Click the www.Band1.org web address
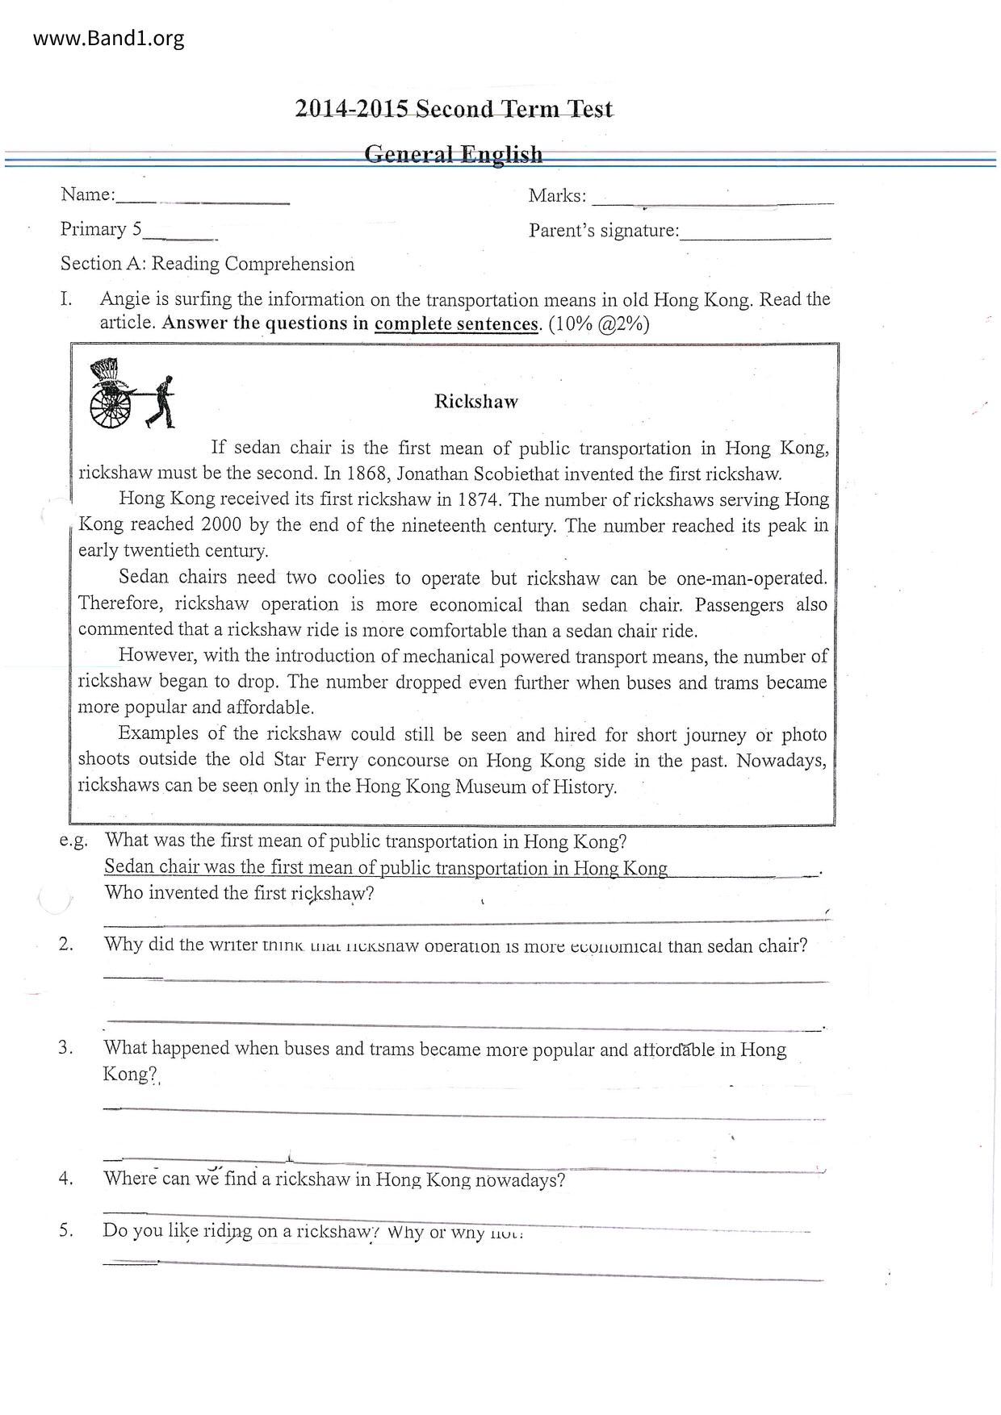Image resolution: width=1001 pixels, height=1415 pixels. [109, 38]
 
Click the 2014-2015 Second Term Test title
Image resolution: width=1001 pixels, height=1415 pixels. [454, 109]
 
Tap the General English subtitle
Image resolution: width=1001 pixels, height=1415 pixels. [454, 153]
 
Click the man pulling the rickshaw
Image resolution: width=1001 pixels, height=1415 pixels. [164, 402]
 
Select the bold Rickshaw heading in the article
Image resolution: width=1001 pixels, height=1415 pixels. [475, 401]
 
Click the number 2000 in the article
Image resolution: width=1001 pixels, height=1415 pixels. [221, 525]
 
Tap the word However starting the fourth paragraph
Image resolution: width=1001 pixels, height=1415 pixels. [156, 656]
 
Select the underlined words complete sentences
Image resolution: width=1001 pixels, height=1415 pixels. [456, 324]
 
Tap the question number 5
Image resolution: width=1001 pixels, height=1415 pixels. [66, 1230]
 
